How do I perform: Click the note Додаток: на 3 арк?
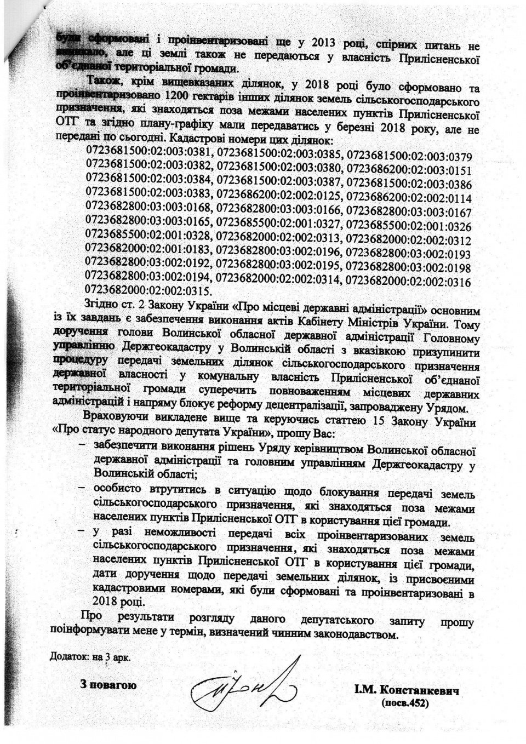(x=90, y=656)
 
